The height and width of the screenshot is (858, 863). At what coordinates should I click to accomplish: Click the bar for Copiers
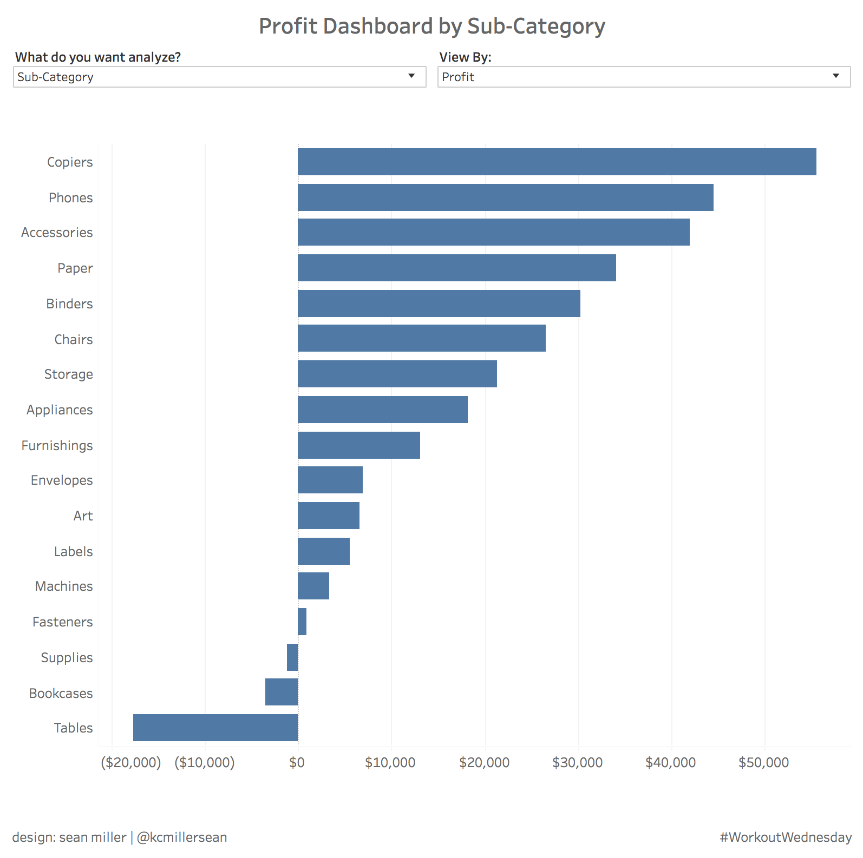coord(557,162)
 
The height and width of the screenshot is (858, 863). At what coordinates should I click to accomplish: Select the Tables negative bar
coord(215,728)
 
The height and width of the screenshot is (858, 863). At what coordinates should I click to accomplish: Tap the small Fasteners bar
coord(302,622)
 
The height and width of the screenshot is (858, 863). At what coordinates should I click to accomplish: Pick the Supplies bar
coord(292,657)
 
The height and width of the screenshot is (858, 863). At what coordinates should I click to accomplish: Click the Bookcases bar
coord(282,692)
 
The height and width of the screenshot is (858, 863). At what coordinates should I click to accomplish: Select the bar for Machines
coord(313,586)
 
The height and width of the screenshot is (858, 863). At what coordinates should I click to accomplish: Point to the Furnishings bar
coord(359,445)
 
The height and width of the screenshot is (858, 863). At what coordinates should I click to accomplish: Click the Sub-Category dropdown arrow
coord(411,76)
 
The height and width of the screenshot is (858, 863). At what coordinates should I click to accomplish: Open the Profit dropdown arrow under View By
coord(836,76)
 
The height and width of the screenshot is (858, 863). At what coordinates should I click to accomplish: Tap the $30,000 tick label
coord(577,763)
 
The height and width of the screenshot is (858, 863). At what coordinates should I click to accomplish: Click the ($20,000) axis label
coord(131,763)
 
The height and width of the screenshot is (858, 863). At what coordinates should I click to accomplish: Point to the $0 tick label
coord(297,763)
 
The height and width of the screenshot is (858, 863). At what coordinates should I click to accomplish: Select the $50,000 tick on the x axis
coord(763,763)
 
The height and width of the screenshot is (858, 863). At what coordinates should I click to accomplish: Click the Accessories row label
coord(57,233)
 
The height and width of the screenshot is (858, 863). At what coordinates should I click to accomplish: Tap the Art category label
coord(83,516)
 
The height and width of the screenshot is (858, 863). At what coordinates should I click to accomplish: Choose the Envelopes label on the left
coord(62,480)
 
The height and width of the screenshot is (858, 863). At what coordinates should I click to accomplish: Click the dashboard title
coord(431,26)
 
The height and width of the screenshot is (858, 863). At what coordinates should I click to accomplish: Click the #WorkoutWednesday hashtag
coord(786,837)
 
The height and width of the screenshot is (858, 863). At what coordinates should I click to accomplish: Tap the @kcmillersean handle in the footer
coord(182,837)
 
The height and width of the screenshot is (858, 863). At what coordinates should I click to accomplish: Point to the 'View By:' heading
coord(465,57)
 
